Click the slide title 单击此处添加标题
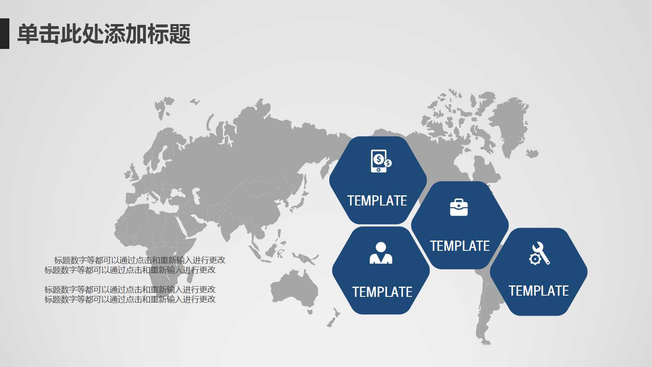104,34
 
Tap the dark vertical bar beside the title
4,33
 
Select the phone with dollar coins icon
380,161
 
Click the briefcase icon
459,207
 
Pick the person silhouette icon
381,253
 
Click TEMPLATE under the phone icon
377,201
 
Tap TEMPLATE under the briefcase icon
460,246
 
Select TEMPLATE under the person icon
382,292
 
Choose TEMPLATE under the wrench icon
538,291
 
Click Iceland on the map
532,154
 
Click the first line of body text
139,260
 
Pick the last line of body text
130,299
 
